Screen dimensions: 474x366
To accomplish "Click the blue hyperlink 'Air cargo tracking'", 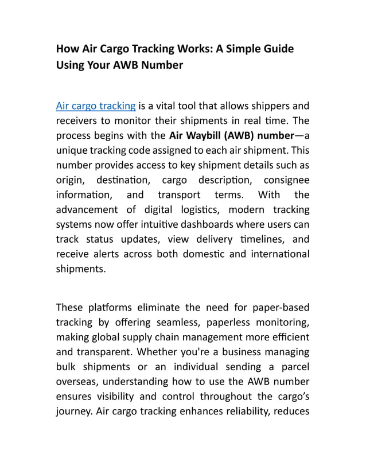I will pos(96,106).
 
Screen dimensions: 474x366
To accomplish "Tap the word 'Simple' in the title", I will pos(243,49).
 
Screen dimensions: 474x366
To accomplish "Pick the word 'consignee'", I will pos(285,180).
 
